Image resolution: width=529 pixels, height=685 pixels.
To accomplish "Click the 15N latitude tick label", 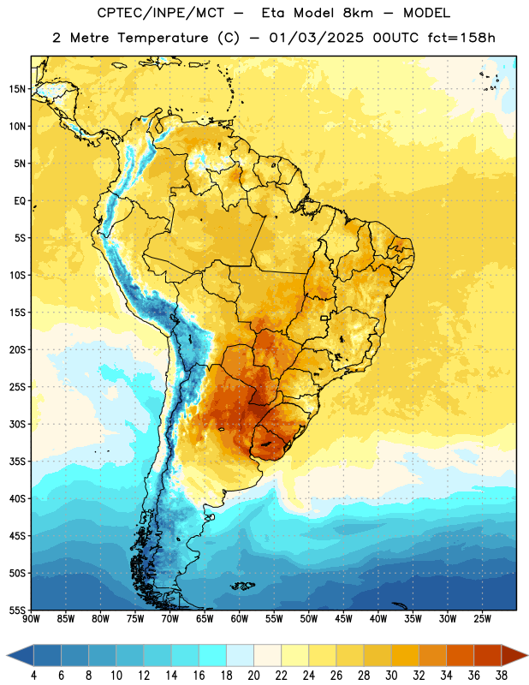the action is point(17,89).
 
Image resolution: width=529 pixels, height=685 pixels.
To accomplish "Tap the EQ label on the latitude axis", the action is point(20,201).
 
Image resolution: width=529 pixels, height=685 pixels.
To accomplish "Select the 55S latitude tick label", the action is point(17,610).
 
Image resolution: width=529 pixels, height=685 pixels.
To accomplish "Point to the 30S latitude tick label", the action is point(17,424).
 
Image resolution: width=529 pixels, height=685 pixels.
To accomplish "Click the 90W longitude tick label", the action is point(31,619).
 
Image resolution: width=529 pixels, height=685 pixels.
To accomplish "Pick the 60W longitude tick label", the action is point(240,619).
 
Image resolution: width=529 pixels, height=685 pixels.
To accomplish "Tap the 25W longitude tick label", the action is point(482,619).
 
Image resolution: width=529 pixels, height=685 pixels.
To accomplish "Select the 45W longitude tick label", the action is point(343,619).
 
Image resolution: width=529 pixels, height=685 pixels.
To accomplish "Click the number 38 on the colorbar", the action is point(502,676).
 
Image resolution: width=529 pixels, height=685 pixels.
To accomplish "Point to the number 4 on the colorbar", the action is point(33,676).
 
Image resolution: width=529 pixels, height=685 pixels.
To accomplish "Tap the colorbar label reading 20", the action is point(253,676).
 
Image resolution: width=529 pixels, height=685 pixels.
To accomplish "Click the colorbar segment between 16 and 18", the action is point(213,655).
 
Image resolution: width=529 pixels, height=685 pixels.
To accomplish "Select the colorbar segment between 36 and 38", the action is point(488,655).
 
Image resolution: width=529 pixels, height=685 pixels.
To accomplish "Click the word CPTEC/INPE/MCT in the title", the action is point(160,13).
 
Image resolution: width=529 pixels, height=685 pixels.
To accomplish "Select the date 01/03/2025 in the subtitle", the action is point(316,38).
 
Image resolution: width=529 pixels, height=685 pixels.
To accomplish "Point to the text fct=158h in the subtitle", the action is point(461,38).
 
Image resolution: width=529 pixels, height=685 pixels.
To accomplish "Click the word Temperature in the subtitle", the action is point(163,38).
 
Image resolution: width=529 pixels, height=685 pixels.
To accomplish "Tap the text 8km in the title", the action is point(358,13).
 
